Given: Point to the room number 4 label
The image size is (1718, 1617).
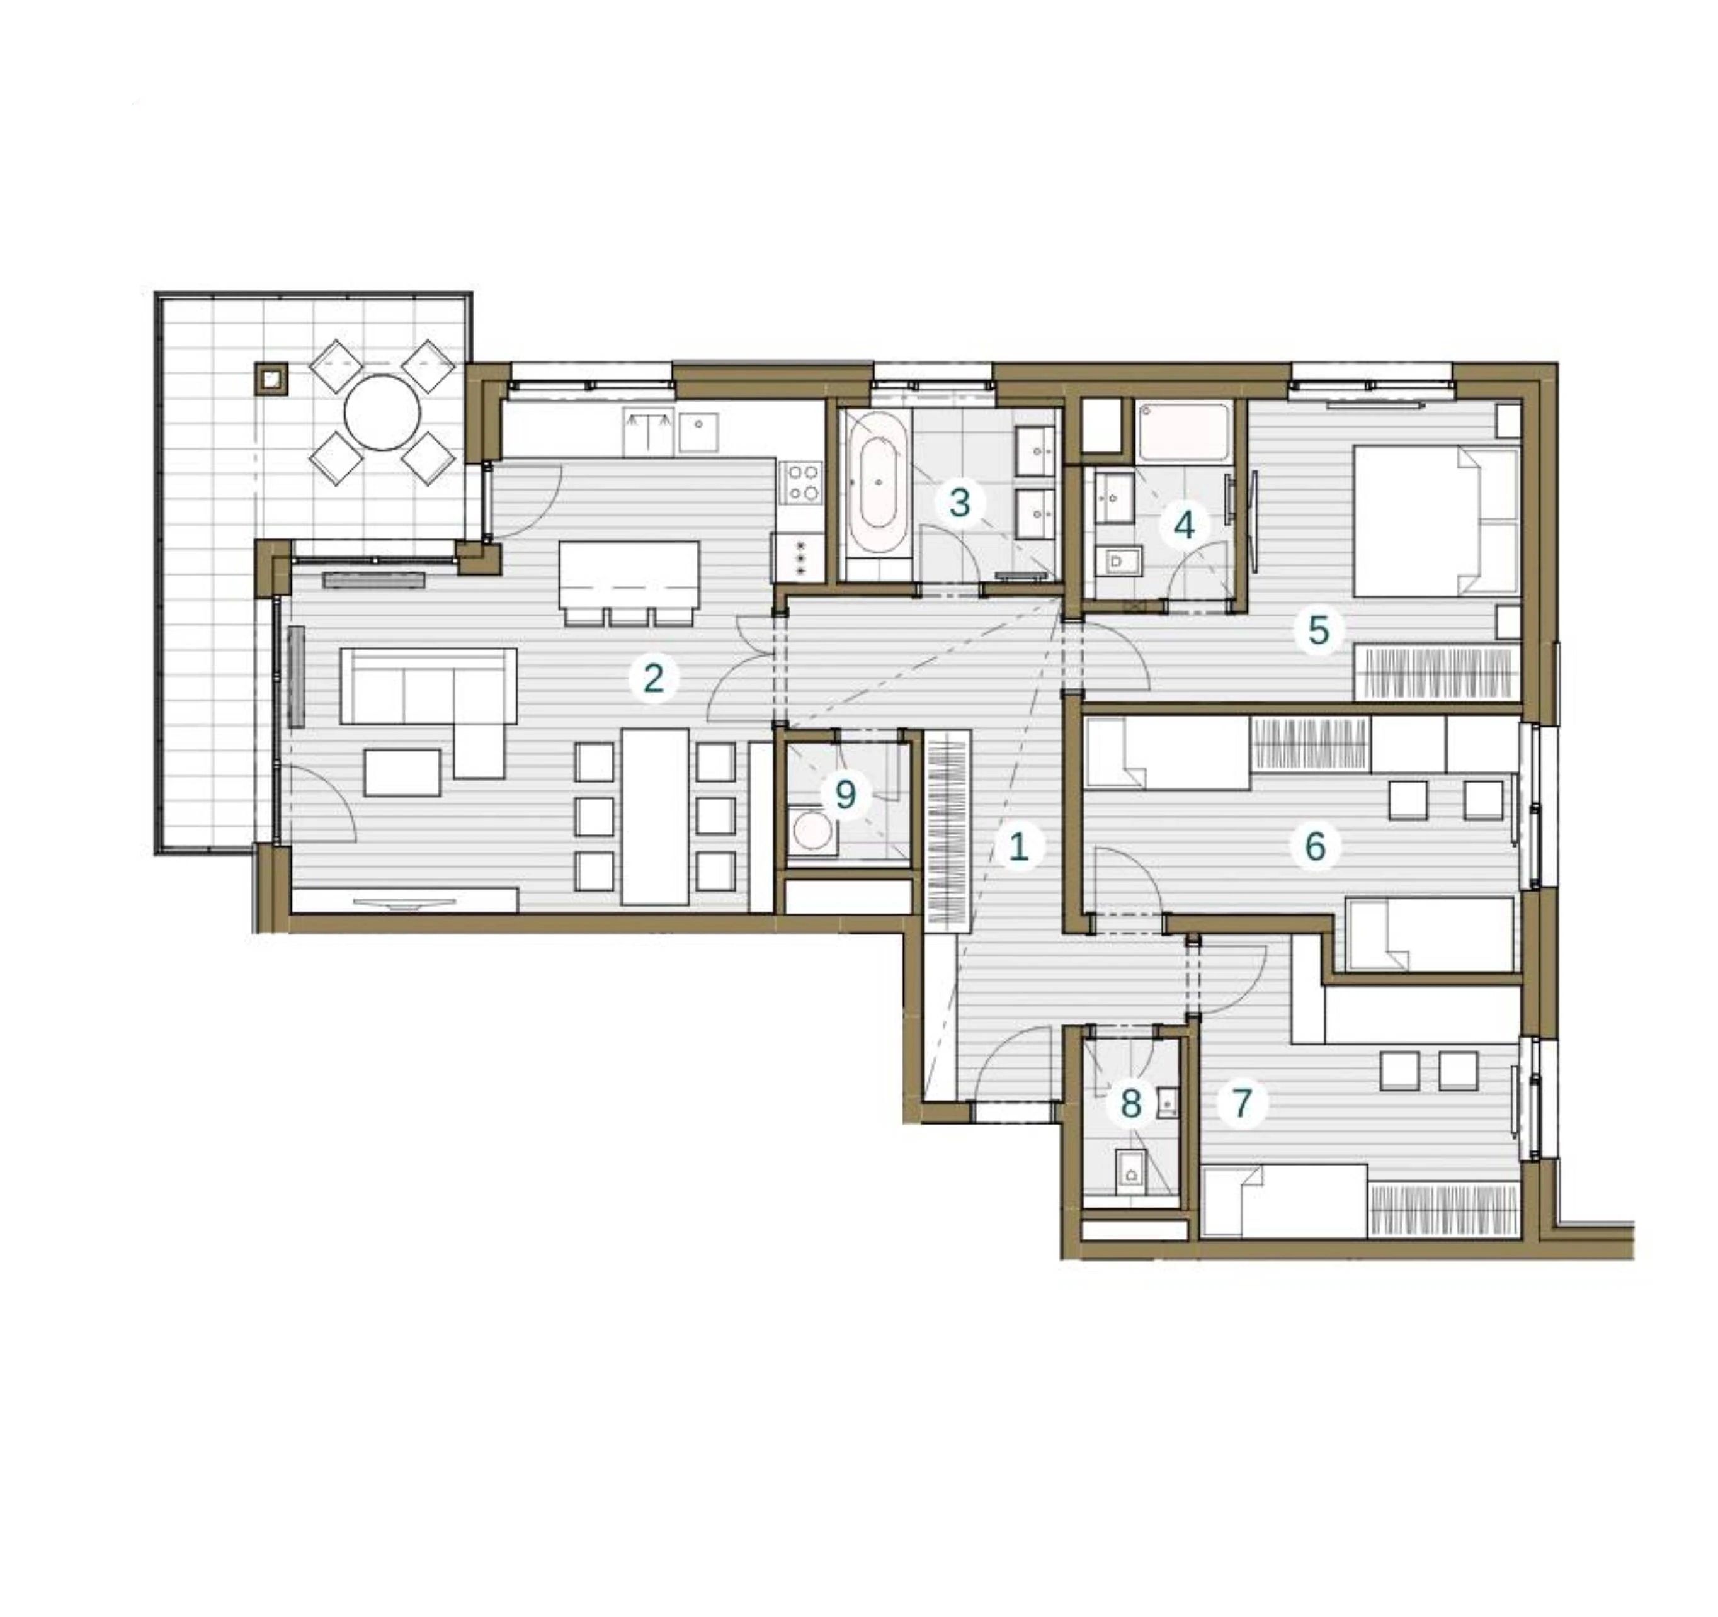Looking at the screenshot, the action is pyautogui.click(x=1184, y=525).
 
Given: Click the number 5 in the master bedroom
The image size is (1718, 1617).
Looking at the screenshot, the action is pyautogui.click(x=1318, y=630).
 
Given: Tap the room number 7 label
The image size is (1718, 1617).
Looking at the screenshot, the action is pyautogui.click(x=1242, y=1104).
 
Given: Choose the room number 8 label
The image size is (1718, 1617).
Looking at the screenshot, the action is pyautogui.click(x=1130, y=1104).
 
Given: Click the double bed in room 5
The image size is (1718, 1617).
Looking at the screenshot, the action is pyautogui.click(x=1435, y=521).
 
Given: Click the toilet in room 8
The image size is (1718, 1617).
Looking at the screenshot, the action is pyautogui.click(x=1130, y=1173).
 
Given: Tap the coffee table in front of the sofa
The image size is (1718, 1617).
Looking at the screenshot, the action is pyautogui.click(x=402, y=773).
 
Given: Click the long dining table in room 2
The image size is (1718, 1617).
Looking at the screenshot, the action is pyautogui.click(x=655, y=817).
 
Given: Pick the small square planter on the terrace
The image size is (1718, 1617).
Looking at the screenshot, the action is pyautogui.click(x=271, y=378).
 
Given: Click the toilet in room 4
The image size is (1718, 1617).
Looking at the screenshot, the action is pyautogui.click(x=1119, y=562).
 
